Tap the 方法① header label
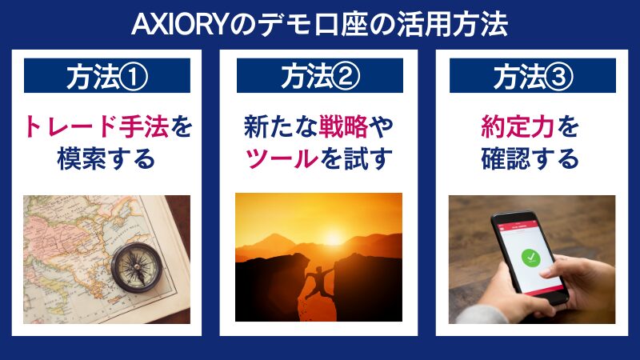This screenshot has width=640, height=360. point(107,77)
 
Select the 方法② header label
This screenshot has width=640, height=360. point(320,77)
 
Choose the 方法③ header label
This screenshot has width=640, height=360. point(532,77)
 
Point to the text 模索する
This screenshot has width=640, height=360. point(106,158)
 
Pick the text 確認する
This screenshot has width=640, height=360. point(532,158)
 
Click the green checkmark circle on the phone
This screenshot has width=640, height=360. point(528,258)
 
